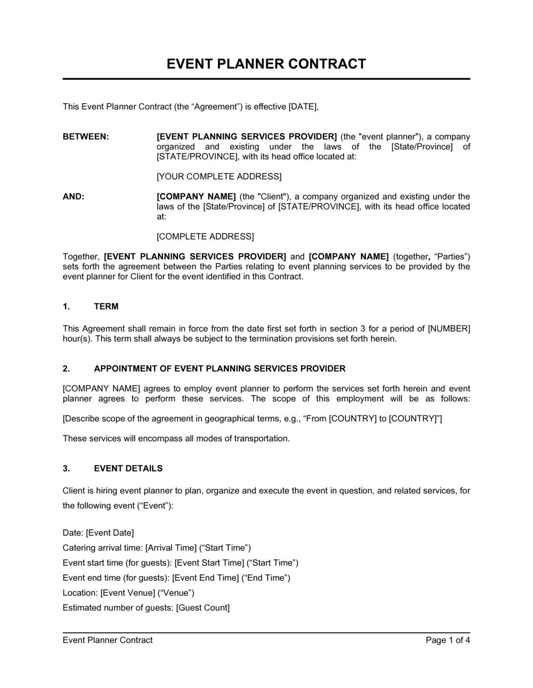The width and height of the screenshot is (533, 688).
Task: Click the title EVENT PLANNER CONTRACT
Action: coord(266,64)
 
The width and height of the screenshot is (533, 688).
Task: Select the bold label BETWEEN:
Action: coord(86,137)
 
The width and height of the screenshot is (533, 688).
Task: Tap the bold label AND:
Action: coord(74,197)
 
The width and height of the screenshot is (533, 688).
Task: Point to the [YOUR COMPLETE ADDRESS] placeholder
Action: coord(219,177)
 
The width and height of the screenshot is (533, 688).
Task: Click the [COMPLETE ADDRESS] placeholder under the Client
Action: coord(205,236)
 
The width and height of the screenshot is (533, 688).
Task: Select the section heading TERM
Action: coord(106,307)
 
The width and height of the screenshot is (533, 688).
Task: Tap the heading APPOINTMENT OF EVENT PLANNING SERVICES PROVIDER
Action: coord(220,369)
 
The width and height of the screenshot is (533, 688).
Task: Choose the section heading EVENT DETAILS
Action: coord(128,469)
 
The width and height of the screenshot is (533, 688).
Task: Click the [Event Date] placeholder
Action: coord(110,533)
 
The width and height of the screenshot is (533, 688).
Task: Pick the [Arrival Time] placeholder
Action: coord(171,548)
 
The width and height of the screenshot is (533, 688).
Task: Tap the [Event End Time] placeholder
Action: coord(206,578)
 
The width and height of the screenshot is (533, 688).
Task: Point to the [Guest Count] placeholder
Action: coord(203,607)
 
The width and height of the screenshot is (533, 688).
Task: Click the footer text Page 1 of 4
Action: coord(448,640)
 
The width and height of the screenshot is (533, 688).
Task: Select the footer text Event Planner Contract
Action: coord(108,640)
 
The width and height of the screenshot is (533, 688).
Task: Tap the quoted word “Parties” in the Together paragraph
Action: coord(453,257)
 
